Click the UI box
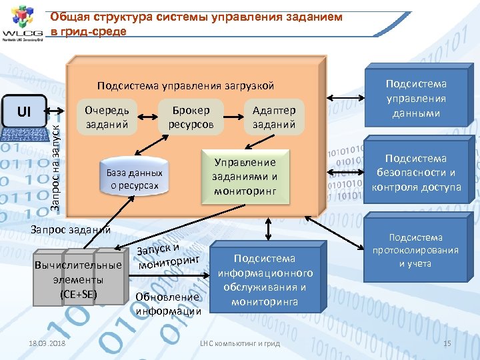tap(25, 111)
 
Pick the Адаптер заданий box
tap(274, 117)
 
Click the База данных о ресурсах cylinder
tap(133, 179)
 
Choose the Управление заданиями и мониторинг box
tap(244, 177)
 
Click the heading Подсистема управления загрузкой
tap(185, 86)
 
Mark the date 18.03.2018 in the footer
tap(47, 343)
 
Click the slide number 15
tap(447, 343)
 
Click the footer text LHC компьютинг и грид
tap(241, 343)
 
